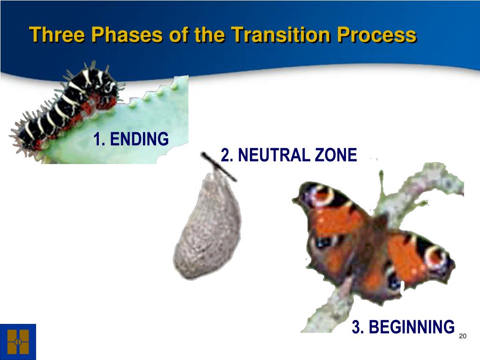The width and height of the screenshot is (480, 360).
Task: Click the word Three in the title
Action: pyautogui.click(x=57, y=34)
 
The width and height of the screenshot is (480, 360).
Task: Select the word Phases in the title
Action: pyautogui.click(x=127, y=34)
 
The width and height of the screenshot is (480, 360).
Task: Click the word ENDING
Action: pyautogui.click(x=139, y=139)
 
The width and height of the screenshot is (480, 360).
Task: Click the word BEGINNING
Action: pyautogui.click(x=412, y=327)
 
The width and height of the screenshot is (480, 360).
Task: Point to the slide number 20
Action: pyautogui.click(x=463, y=336)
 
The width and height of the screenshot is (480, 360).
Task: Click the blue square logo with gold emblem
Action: pyautogui.click(x=18, y=342)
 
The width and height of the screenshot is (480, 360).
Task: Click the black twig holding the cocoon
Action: pyautogui.click(x=218, y=167)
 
